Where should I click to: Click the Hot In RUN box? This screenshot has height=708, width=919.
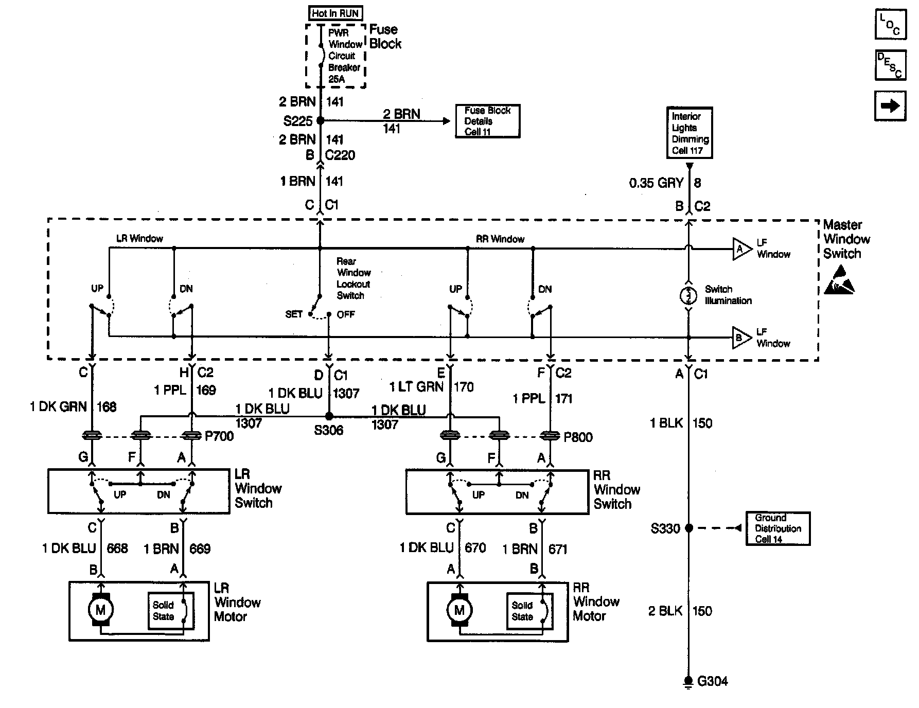point(335,13)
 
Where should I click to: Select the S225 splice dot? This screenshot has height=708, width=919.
point(320,121)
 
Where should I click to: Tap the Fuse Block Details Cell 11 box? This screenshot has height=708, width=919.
point(487,121)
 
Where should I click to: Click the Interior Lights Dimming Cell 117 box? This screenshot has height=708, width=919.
point(690,133)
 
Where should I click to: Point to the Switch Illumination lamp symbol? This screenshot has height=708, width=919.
point(688,296)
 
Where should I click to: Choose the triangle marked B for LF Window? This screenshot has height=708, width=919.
point(741,338)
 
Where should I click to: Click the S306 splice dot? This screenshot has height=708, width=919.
point(329,416)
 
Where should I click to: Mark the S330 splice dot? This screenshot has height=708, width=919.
point(689,528)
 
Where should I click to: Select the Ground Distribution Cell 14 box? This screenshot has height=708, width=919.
point(777,528)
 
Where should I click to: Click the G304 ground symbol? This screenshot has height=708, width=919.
point(688,681)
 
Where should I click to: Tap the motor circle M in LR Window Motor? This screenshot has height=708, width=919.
point(101,610)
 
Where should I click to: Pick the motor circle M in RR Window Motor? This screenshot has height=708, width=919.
point(459,611)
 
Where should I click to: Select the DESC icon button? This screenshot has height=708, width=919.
point(890,65)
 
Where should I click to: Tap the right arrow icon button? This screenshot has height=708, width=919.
point(890,105)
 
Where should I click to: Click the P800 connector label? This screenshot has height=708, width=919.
point(578,437)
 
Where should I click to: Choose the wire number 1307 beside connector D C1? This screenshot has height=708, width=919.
point(346,394)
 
